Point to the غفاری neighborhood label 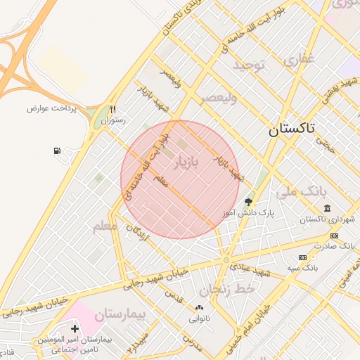point(300,60)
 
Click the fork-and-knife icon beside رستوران point(112,109)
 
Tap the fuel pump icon point(56,150)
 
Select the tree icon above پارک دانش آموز point(247,202)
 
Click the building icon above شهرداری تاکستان point(328,208)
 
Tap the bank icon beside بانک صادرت point(333,236)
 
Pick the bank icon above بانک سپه point(302,257)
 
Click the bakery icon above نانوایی point(199,307)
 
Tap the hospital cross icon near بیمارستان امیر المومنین point(75,328)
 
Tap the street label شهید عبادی point(254,271)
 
